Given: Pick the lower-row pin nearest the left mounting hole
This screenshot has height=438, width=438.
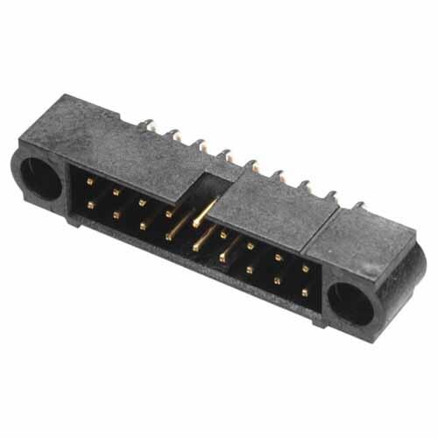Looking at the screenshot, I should [90, 204].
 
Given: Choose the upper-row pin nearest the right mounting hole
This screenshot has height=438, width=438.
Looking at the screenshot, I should [305, 268].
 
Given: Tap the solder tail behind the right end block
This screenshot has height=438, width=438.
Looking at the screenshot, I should [357, 207].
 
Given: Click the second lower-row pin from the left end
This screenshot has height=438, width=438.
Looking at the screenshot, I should [116, 214].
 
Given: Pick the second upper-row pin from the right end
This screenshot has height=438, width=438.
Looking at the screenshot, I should [278, 258].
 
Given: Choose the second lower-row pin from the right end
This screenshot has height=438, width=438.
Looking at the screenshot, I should [277, 280].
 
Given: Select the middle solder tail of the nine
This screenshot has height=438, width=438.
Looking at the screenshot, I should [252, 165].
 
